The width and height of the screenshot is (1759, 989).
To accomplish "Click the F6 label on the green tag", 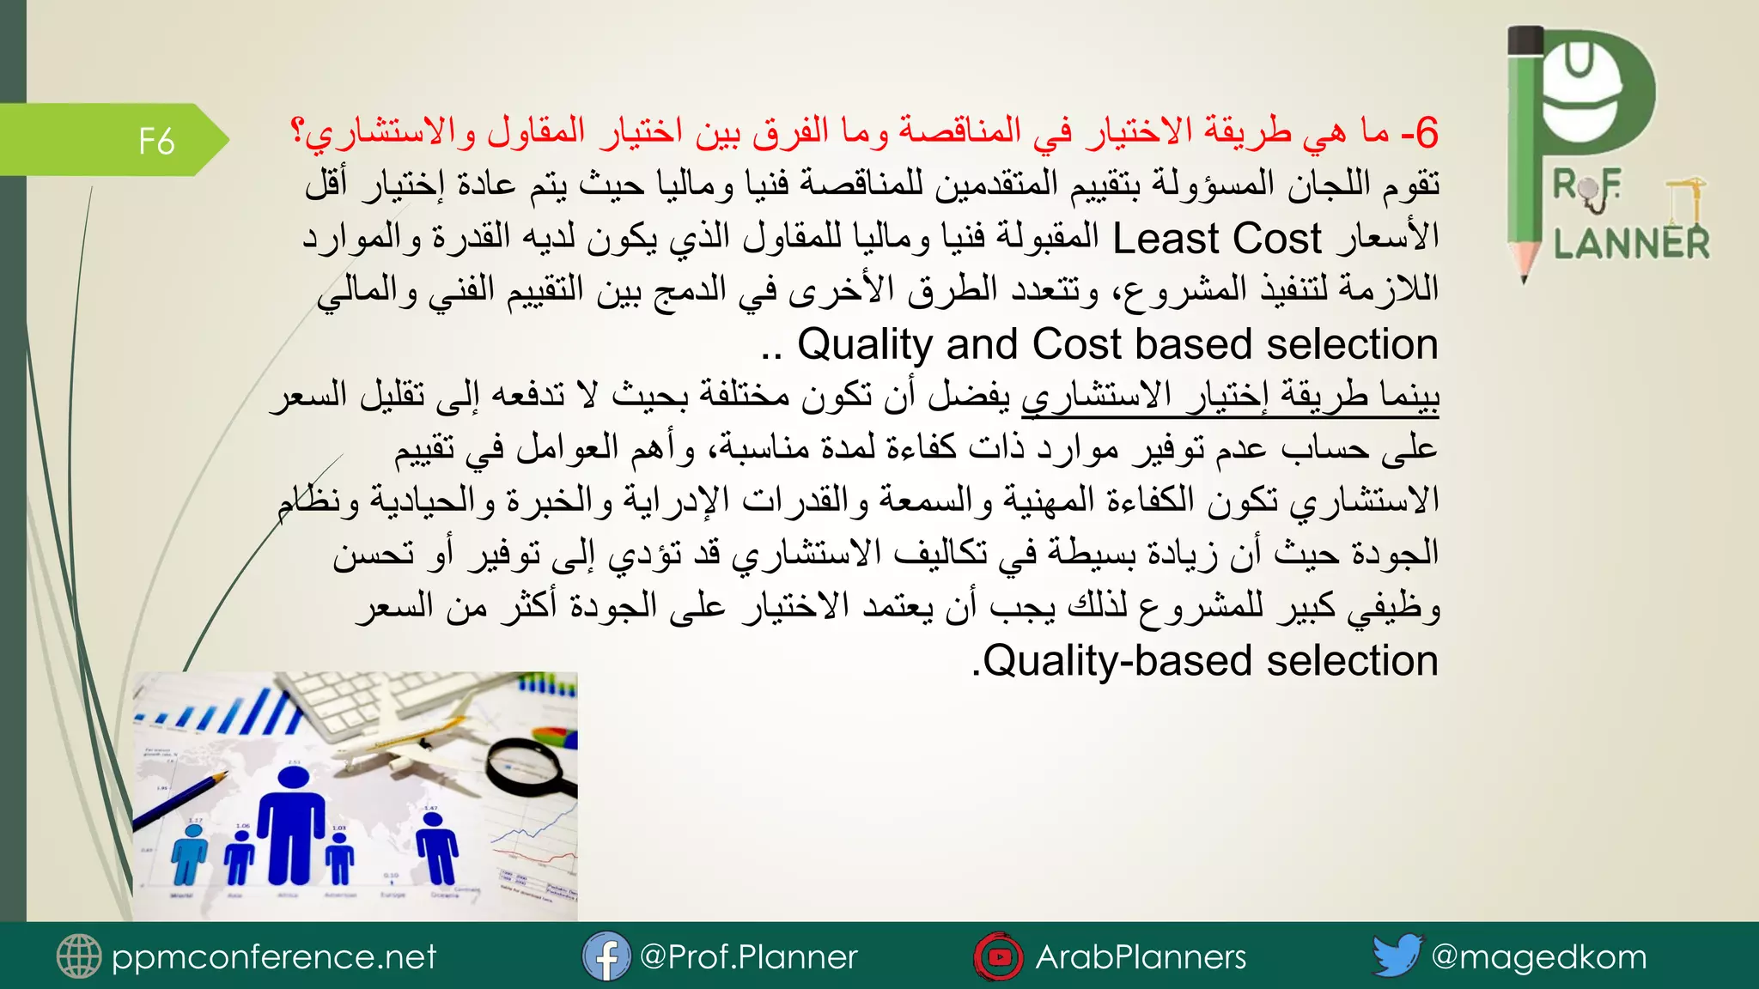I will point(156,141).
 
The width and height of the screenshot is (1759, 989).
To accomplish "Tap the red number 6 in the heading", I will point(1427,133).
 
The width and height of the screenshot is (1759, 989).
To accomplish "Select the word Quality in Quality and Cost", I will point(865,344).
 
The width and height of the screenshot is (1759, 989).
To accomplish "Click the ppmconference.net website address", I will point(274,956).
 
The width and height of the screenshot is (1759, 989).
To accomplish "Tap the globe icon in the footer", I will point(79,956).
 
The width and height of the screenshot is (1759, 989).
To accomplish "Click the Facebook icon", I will point(606,956).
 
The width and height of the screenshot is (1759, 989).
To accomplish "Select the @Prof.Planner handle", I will point(748,956).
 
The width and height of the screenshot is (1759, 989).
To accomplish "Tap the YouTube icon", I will point(998,956).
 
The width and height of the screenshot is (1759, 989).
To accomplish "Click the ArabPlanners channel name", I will point(1141,956).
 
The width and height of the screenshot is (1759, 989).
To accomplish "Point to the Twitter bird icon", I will point(1397,955).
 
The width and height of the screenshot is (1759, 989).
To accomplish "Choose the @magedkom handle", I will point(1538,956).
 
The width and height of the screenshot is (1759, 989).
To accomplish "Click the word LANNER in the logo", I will point(1631,244).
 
